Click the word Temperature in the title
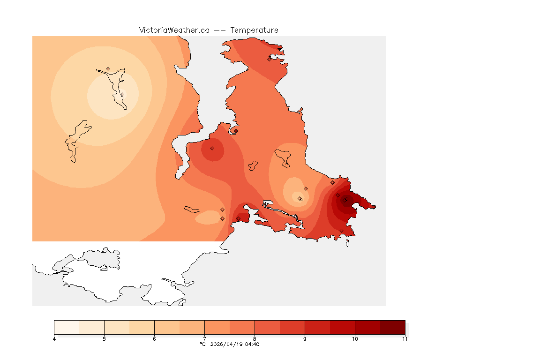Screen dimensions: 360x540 click(x=254, y=30)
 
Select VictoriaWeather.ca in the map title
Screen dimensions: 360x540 click(x=174, y=30)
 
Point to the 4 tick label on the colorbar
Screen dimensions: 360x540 click(x=54, y=339)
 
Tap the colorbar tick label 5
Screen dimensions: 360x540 click(x=104, y=339)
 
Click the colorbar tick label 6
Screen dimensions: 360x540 click(x=154, y=339)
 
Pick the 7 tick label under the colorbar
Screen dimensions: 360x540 click(x=204, y=339)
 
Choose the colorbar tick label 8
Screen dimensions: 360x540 click(x=255, y=339)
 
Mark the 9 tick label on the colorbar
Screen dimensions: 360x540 click(x=305, y=339)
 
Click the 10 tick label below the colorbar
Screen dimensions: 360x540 click(x=355, y=339)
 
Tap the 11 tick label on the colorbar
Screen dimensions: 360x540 click(x=405, y=339)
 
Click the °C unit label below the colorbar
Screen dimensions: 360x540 click(x=202, y=345)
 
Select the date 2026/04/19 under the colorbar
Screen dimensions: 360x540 click(x=227, y=345)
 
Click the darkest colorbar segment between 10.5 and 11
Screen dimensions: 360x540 click(x=392, y=327)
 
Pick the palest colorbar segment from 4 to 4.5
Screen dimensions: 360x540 click(x=67, y=327)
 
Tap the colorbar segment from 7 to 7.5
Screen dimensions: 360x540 click(x=217, y=327)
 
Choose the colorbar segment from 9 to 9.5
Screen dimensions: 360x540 click(x=317, y=327)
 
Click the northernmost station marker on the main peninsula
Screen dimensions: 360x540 click(x=269, y=59)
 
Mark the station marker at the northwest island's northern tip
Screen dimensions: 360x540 click(x=108, y=68)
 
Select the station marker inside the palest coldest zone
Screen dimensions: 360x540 click(x=122, y=94)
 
